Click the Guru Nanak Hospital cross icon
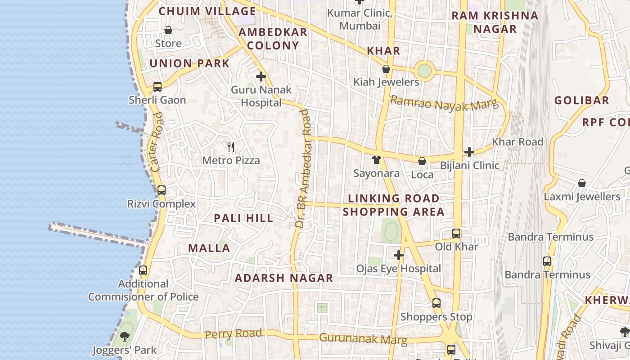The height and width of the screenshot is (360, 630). [x=261, y=76]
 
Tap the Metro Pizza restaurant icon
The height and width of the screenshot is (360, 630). [x=231, y=147]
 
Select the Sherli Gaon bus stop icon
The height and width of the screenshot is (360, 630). [x=157, y=87]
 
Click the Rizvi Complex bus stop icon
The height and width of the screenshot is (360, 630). [x=162, y=190]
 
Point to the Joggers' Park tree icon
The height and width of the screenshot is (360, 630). [x=125, y=336]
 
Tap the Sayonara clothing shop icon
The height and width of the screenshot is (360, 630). [x=377, y=160]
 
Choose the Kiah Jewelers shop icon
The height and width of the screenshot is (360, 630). [x=386, y=69]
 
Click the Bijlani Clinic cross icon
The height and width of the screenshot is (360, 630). [x=469, y=152]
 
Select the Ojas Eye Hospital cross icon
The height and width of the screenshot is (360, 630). [x=398, y=256]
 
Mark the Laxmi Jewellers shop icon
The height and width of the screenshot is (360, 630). [x=582, y=183]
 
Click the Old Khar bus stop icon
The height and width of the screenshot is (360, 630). [x=456, y=234]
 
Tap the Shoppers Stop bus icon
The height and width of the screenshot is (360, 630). [x=436, y=303]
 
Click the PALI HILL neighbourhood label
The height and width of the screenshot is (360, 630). [x=243, y=218]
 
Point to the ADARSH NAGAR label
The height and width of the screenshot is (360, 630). [x=284, y=278]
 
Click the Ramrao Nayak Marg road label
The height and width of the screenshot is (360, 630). [x=444, y=103]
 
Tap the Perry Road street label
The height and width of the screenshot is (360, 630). [x=233, y=334]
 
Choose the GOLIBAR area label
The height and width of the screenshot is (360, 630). [x=581, y=100]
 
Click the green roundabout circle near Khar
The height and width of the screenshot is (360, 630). [x=424, y=70]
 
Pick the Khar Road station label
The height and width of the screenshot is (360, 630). [x=517, y=142]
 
